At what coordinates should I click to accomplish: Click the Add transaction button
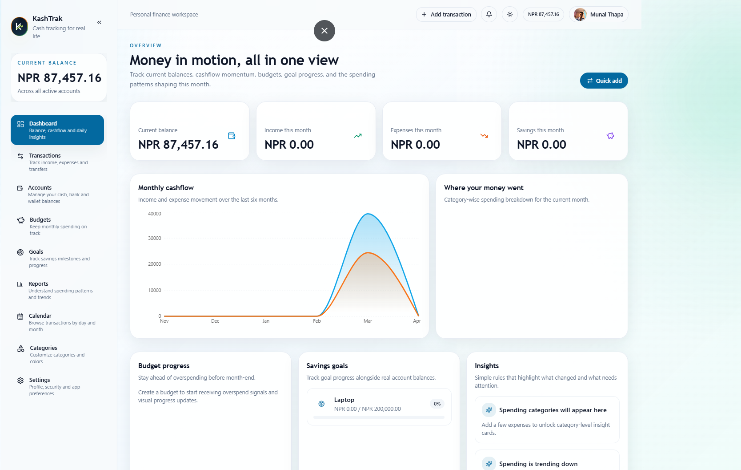(446, 14)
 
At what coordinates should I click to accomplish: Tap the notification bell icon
(489, 14)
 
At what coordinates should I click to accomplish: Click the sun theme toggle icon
(510, 14)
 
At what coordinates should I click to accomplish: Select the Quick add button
(604, 81)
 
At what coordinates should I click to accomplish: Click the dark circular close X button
(324, 31)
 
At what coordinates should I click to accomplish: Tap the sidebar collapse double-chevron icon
(99, 22)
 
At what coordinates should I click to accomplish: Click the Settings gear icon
(20, 381)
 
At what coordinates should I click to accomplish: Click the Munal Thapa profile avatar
(580, 14)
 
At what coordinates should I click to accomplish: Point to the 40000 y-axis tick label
(155, 214)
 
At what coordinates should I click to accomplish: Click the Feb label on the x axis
(317, 321)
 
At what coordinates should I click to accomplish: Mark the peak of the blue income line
(368, 214)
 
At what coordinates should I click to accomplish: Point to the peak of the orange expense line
(368, 253)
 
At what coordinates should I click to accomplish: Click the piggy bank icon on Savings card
(610, 136)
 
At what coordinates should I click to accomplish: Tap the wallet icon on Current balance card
(232, 136)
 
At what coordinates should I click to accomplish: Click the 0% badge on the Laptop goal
(437, 404)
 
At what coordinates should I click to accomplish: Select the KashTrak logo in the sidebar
(20, 27)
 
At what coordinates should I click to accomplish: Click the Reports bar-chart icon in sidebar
(20, 284)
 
